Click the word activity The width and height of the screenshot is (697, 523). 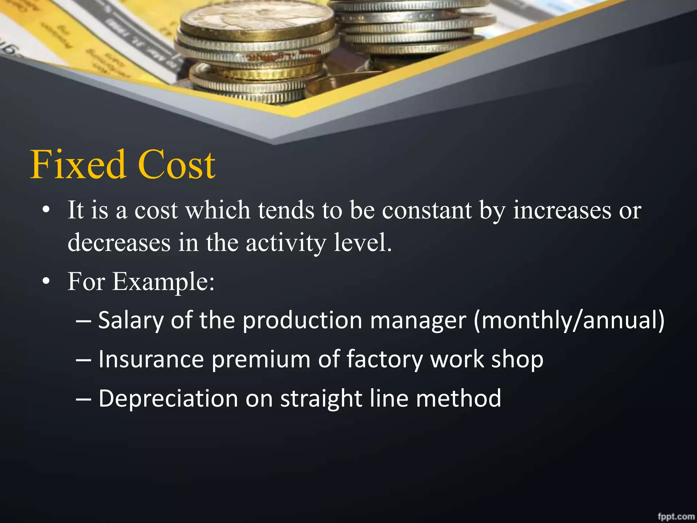pyautogui.click(x=286, y=243)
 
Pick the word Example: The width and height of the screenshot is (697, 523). pyautogui.click(x=163, y=282)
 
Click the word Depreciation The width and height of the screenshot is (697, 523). pyautogui.click(x=168, y=398)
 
